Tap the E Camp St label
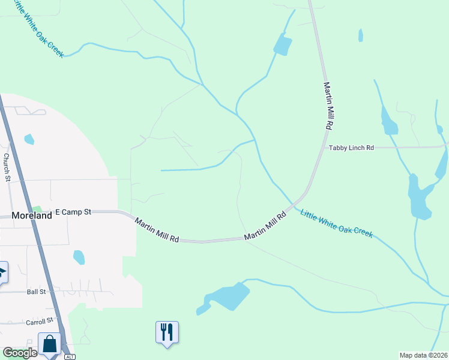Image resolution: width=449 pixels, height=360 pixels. point(73,212)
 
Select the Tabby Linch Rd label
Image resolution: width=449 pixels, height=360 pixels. point(351,148)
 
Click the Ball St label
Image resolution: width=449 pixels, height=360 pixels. point(36,292)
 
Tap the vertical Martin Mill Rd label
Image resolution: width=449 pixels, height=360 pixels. point(327,107)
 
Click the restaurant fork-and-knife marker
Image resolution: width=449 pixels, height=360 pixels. point(167,332)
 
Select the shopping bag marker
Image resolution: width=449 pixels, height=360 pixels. point(50,344)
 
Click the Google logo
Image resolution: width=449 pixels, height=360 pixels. point(20,353)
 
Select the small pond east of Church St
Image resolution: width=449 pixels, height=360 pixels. point(29,139)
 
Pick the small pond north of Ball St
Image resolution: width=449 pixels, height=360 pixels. point(79,257)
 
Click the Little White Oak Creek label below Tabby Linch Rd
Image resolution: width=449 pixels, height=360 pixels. point(336,223)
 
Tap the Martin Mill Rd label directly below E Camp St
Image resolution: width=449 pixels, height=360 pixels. point(157,230)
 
